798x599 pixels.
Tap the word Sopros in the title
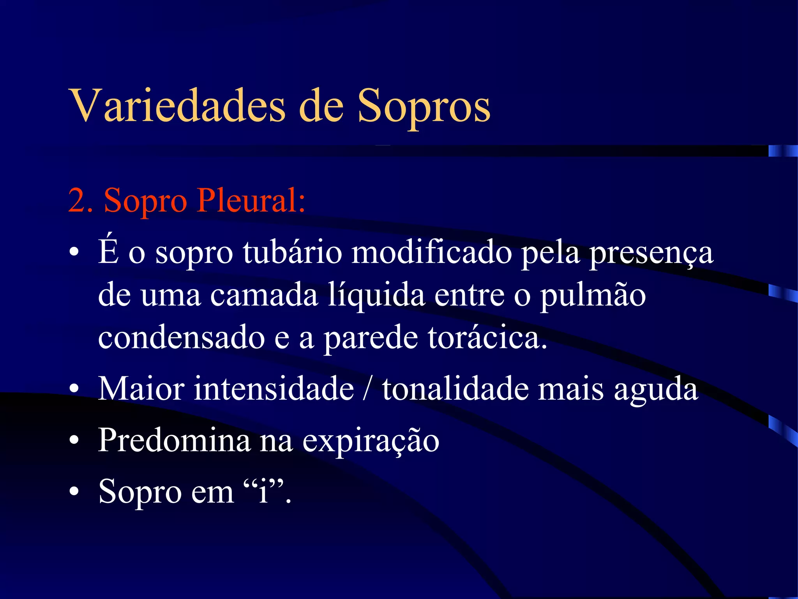pos(424,108)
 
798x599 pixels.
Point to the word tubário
pos(292,252)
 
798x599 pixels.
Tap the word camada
pos(264,295)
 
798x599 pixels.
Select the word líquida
pos(376,295)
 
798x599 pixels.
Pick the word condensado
pos(182,337)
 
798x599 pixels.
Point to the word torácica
pos(487,337)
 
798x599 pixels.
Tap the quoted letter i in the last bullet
pos(264,491)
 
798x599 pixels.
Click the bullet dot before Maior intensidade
pos(74,389)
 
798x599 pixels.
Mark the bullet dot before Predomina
pos(74,440)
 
